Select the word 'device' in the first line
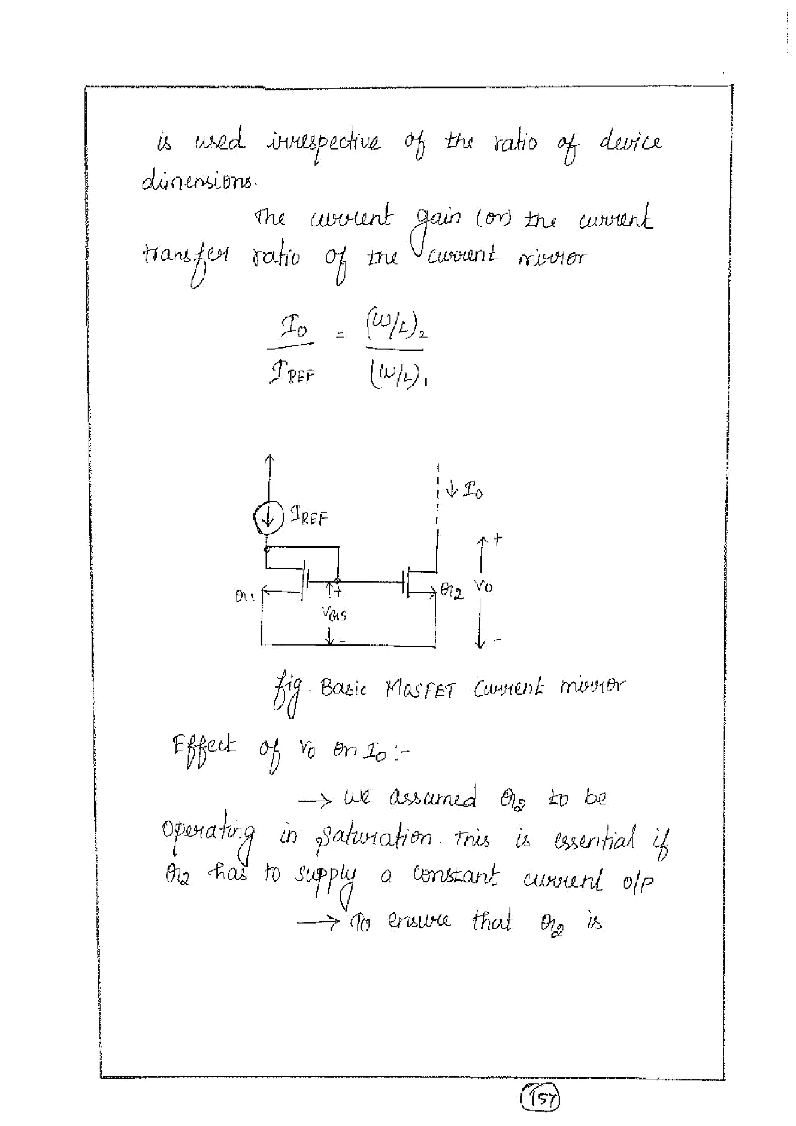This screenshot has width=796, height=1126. (x=630, y=142)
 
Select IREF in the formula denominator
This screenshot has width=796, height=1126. (x=292, y=376)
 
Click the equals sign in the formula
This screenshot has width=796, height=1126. (x=340, y=336)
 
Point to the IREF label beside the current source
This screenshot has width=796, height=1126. (x=309, y=516)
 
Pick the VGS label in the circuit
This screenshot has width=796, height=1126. (x=334, y=613)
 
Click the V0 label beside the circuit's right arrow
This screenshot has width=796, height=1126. (x=484, y=586)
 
